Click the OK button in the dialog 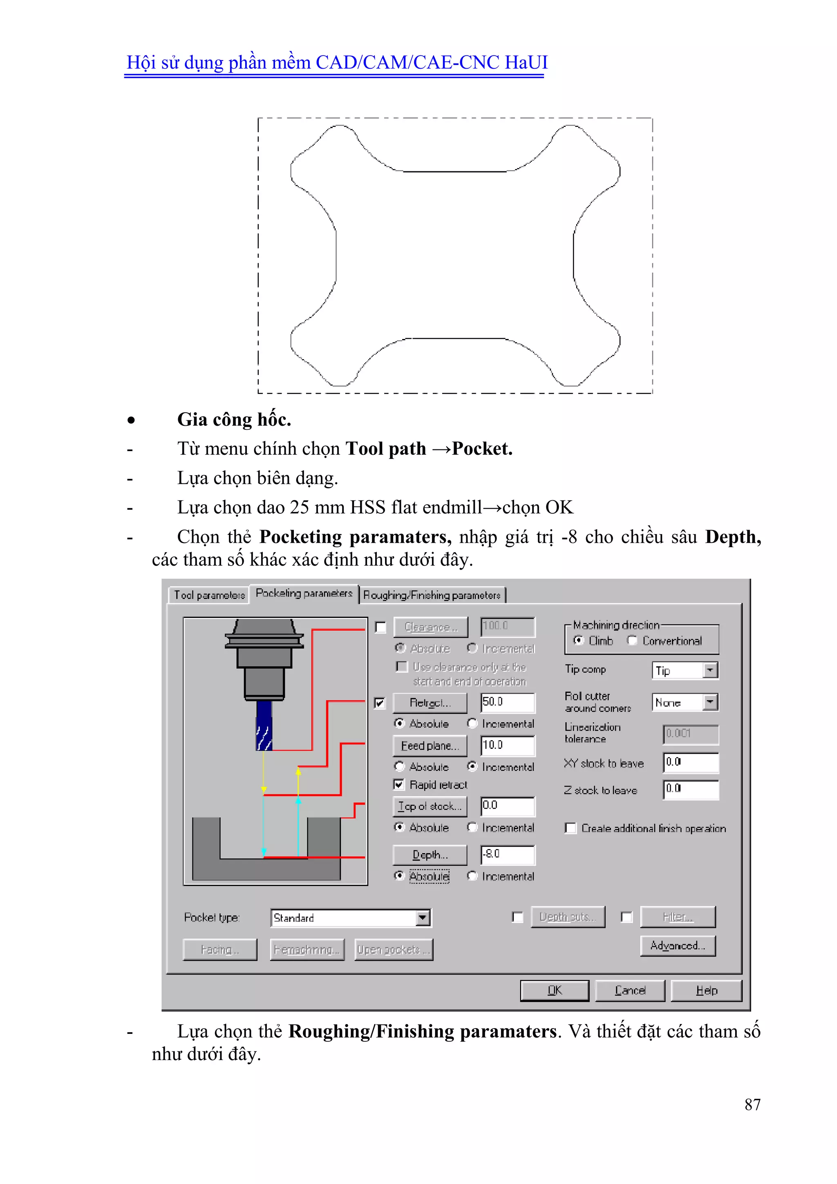tap(554, 990)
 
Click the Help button tap(706, 990)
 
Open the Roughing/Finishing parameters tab tap(432, 595)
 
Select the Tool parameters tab tap(209, 595)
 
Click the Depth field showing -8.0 tap(507, 854)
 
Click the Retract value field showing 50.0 tap(507, 702)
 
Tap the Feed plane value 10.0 tap(507, 746)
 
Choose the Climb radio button tap(579, 640)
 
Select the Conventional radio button tap(632, 640)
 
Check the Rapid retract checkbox tap(399, 784)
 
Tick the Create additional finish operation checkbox tap(570, 828)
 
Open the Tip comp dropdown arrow tap(710, 670)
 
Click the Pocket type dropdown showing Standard tap(351, 918)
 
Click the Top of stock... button tap(429, 807)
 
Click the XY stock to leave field tap(690, 763)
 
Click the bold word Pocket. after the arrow tap(482, 449)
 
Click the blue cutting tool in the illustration tap(264, 725)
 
